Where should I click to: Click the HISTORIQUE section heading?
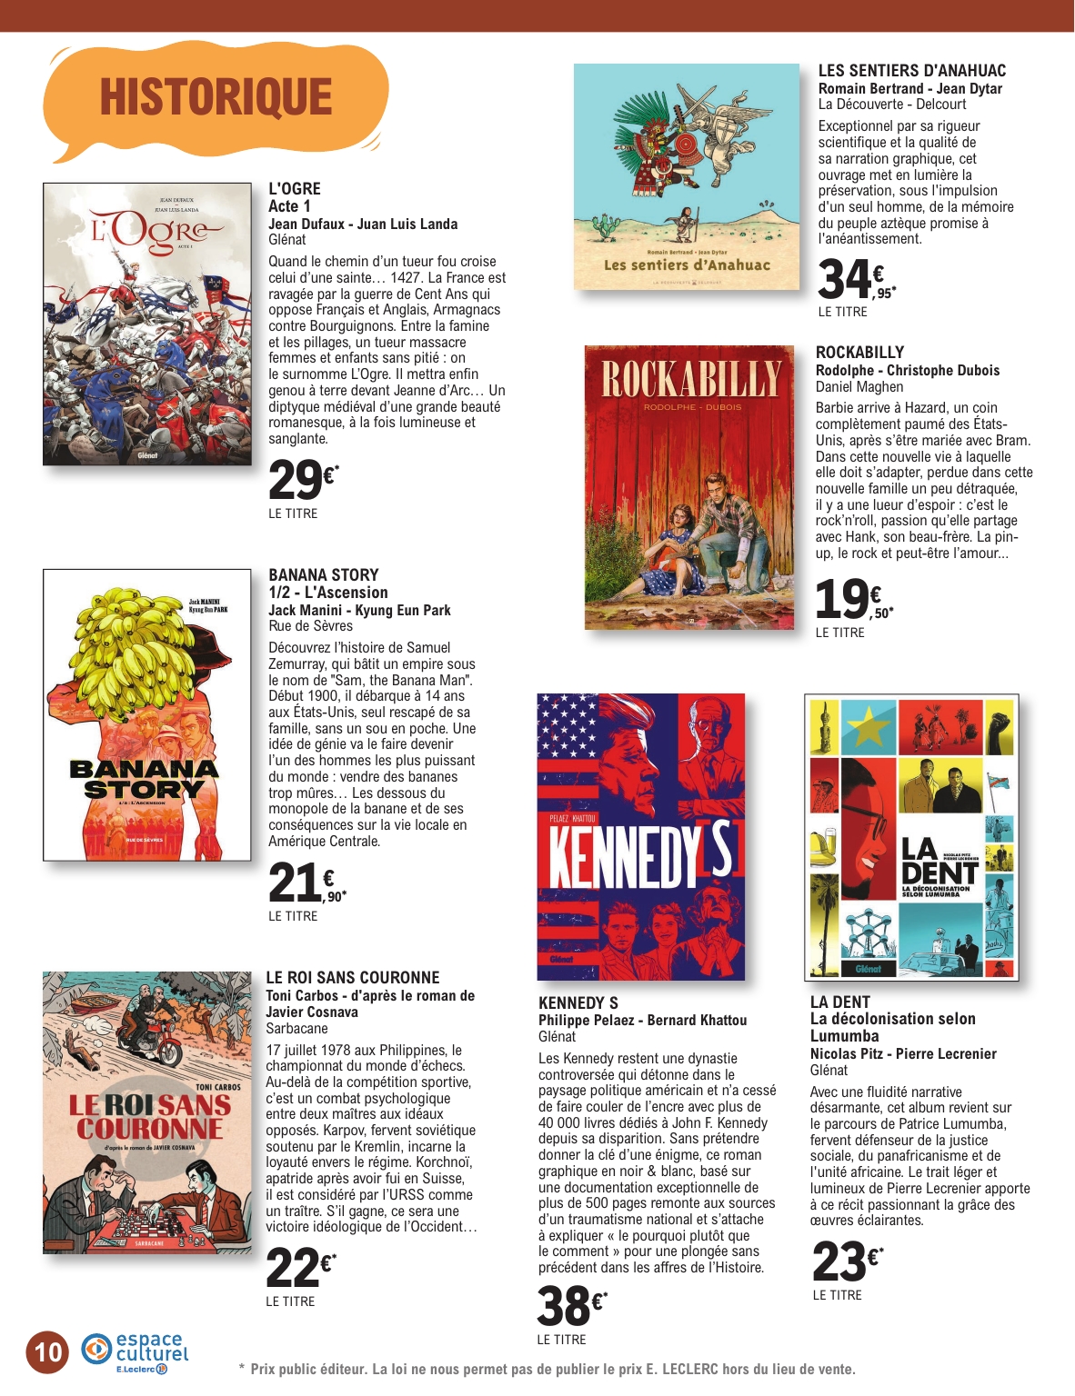[216, 97]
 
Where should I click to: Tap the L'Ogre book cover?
[147, 324]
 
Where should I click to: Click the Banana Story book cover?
[147, 714]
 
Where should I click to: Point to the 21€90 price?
[306, 884]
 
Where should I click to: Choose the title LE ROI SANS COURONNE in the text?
[352, 978]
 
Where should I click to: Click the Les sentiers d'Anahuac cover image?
[686, 176]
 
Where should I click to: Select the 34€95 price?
[855, 279]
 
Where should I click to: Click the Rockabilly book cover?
[689, 487]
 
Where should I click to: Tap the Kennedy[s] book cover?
[641, 836]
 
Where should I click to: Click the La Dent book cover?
[911, 837]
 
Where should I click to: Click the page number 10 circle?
[47, 1351]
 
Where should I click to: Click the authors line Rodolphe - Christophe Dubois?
[907, 371]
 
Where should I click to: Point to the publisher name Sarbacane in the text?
[296, 1029]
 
